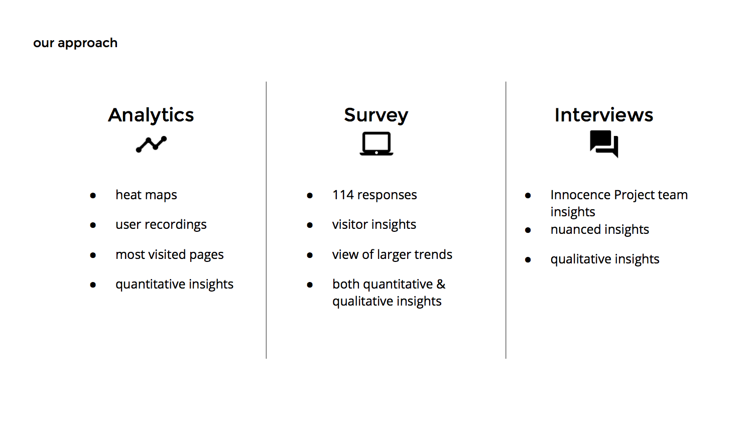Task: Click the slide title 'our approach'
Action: pyautogui.click(x=75, y=43)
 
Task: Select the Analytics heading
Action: pyautogui.click(x=151, y=115)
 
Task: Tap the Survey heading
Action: pyautogui.click(x=376, y=115)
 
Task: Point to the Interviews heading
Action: pyautogui.click(x=604, y=115)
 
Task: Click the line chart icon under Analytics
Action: pyautogui.click(x=151, y=144)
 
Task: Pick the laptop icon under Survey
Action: pyautogui.click(x=376, y=144)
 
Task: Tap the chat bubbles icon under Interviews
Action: pyautogui.click(x=604, y=144)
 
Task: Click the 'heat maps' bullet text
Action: pyautogui.click(x=146, y=195)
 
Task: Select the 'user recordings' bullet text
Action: pyautogui.click(x=161, y=224)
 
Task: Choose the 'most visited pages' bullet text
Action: pyautogui.click(x=170, y=255)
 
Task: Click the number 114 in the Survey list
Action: pyautogui.click(x=343, y=195)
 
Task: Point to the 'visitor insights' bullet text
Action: pyautogui.click(x=374, y=224)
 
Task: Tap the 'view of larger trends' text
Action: pyautogui.click(x=392, y=254)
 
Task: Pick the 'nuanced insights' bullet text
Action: pyautogui.click(x=600, y=229)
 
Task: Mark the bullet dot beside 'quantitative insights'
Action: pyautogui.click(x=93, y=285)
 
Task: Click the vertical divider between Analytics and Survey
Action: pyautogui.click(x=266, y=220)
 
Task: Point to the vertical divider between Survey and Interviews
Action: pyautogui.click(x=506, y=220)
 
